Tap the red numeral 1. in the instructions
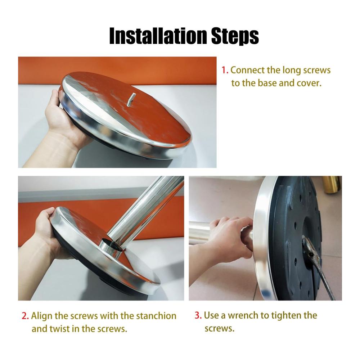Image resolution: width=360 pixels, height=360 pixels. coord(225,70)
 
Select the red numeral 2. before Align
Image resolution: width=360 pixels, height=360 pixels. coord(25,316)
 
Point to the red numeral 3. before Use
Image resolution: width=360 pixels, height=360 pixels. coord(198,315)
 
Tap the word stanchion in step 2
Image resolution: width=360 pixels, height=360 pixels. coord(156,316)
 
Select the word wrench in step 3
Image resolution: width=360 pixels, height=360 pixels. coord(243,315)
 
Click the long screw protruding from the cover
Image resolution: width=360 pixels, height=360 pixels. coord(131,99)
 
